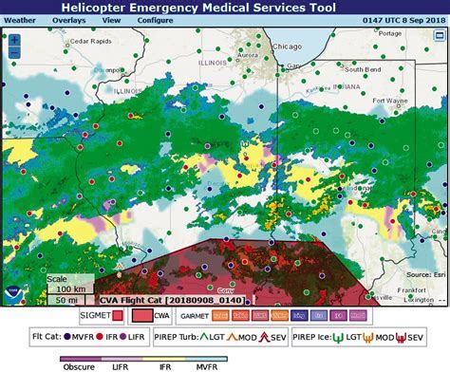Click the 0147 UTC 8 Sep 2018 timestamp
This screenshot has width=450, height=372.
[x=403, y=19]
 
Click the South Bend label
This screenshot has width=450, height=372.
[x=364, y=69]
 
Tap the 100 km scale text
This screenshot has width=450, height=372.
[x=70, y=288]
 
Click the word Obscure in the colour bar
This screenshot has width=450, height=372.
[x=77, y=365]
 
